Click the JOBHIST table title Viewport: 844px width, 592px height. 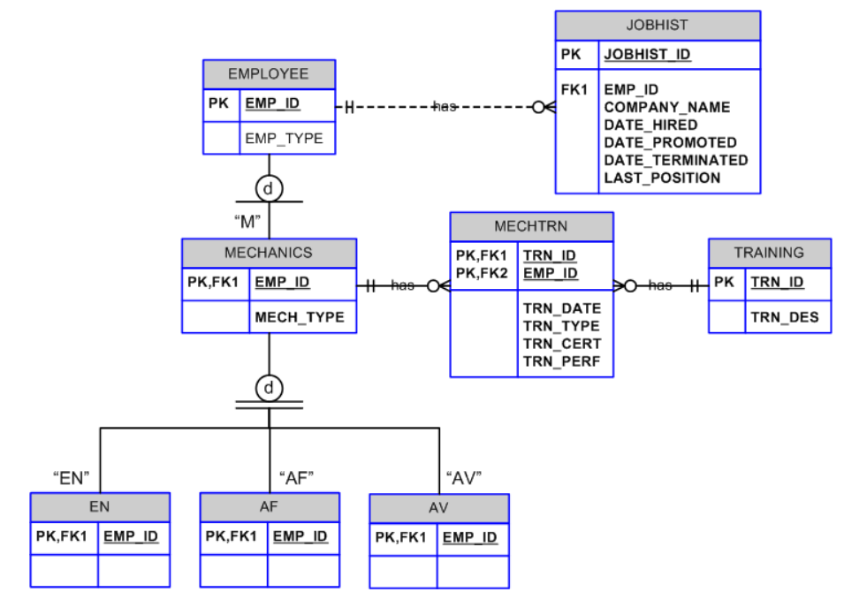click(x=657, y=26)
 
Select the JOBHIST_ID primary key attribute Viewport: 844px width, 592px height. click(x=647, y=55)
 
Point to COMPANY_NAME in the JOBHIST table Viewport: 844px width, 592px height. click(x=666, y=107)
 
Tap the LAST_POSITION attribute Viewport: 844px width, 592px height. click(x=662, y=178)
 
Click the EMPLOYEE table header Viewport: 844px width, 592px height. click(x=269, y=74)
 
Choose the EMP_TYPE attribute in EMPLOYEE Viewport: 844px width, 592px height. click(x=284, y=138)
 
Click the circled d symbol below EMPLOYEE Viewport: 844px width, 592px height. click(x=269, y=188)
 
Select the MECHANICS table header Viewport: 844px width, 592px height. click(x=269, y=253)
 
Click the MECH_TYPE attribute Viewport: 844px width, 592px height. click(x=300, y=317)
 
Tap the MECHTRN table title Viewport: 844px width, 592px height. click(x=531, y=226)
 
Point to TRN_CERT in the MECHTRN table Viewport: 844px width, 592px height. click(x=561, y=344)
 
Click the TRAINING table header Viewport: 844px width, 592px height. click(x=769, y=253)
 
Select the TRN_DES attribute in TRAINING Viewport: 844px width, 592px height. click(x=785, y=317)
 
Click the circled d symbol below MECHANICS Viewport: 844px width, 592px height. click(x=269, y=387)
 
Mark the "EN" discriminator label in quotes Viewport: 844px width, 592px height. click(x=72, y=478)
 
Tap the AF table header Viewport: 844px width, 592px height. click(x=269, y=507)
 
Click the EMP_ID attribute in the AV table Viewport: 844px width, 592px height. click(x=469, y=537)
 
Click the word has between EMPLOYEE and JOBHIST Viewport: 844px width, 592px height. click(x=445, y=107)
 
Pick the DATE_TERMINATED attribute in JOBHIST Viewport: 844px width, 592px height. click(x=675, y=160)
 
